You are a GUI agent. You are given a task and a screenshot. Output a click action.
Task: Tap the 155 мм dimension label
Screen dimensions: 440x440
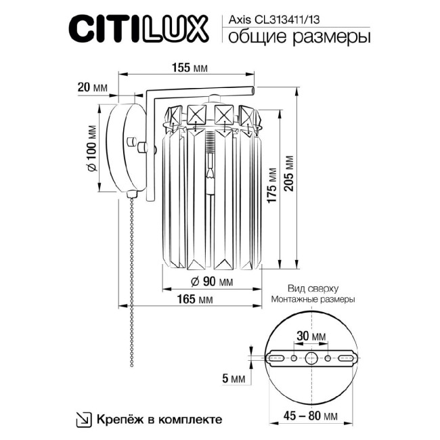click(189, 68)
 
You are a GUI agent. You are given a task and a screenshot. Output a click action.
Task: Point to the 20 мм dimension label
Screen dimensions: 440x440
click(92, 88)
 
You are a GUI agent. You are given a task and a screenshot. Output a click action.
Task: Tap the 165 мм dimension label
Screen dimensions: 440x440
click(195, 299)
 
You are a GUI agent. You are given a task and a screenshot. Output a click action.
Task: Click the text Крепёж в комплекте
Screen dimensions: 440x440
click(160, 418)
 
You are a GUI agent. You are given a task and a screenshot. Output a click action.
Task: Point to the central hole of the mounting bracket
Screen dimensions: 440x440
click(311, 358)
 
